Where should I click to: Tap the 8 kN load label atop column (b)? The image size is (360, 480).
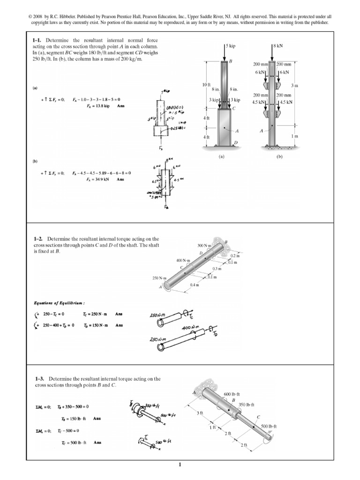pos(280,46)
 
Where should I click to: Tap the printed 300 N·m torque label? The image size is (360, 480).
pos(204,245)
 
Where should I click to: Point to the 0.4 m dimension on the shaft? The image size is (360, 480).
pos(194,285)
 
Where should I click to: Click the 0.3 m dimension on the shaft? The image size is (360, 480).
pos(216,269)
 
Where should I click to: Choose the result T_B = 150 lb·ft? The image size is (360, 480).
pos(75,418)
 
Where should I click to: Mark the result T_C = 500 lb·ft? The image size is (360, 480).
pos(75,442)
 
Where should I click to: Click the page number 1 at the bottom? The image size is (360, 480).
pos(180,465)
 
